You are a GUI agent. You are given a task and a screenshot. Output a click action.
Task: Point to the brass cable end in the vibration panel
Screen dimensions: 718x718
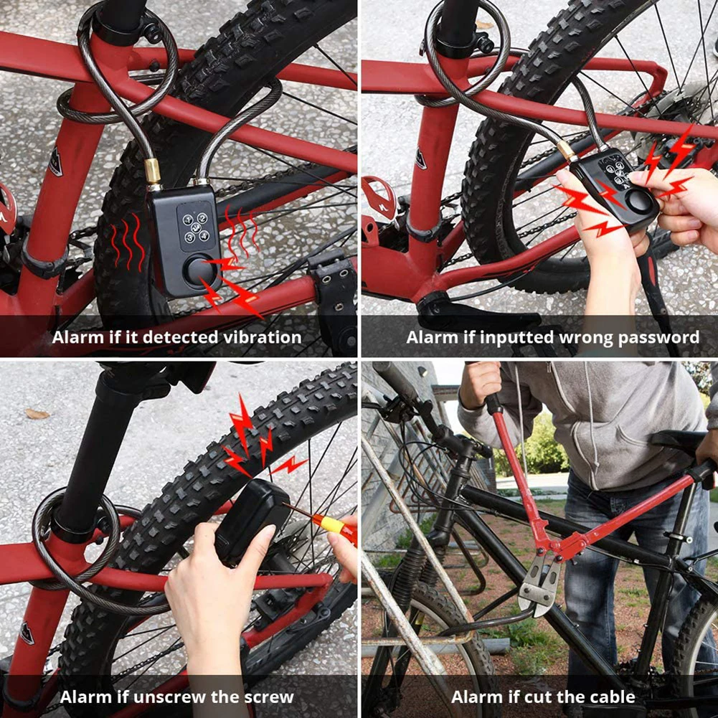pos(153,171)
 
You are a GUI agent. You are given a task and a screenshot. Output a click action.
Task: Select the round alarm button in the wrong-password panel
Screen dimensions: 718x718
pos(638,201)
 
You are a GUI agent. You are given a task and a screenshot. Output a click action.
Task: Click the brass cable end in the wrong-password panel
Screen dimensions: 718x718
pos(567,151)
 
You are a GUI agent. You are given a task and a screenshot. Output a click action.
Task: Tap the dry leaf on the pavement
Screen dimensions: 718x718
pos(37,414)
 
